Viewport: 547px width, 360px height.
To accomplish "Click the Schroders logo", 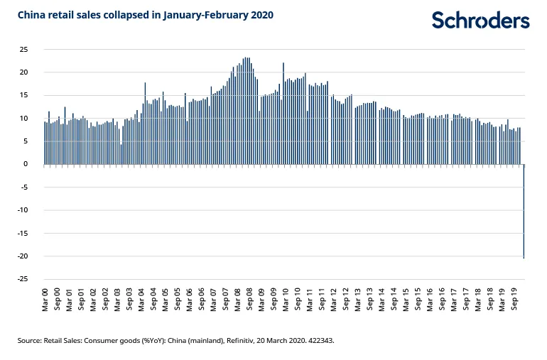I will (x=480, y=20).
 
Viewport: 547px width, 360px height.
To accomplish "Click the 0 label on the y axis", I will (x=26, y=164).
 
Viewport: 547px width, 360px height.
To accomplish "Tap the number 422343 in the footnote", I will (x=318, y=341).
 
